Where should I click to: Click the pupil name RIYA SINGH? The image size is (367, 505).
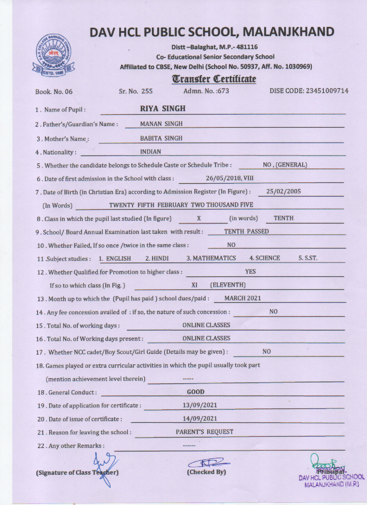point(163,109)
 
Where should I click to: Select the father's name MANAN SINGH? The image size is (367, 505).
point(161,124)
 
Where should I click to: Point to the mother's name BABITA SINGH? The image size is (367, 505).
point(161,138)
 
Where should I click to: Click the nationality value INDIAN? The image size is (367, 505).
point(151,151)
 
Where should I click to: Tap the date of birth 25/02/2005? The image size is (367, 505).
point(284,191)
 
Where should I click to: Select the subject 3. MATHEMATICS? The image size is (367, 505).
point(211,258)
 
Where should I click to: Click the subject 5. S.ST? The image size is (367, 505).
point(308,258)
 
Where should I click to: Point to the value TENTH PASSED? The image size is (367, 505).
point(247,231)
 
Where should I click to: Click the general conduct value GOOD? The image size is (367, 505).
point(196,392)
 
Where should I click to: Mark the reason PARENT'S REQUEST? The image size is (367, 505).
point(205,432)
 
